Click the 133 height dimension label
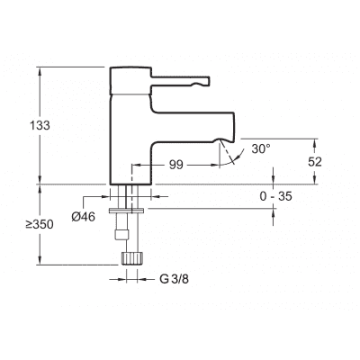40,125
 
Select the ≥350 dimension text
40,224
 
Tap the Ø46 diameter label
83,216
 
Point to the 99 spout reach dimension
176,165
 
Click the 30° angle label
261,148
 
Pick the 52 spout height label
315,162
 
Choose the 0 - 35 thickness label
276,196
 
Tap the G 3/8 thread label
174,279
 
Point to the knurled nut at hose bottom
132,258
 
